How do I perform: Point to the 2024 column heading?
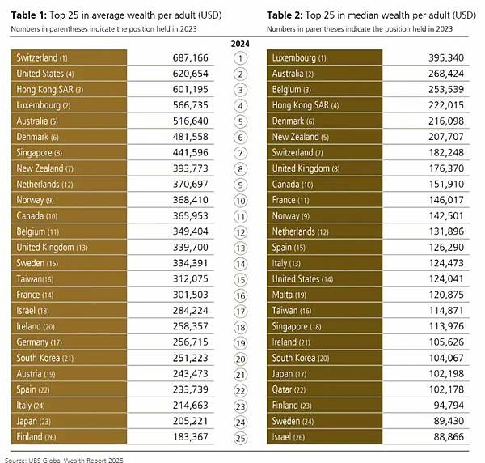(240, 43)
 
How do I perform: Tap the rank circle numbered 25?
(240, 439)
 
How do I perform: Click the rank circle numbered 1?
(240, 58)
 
